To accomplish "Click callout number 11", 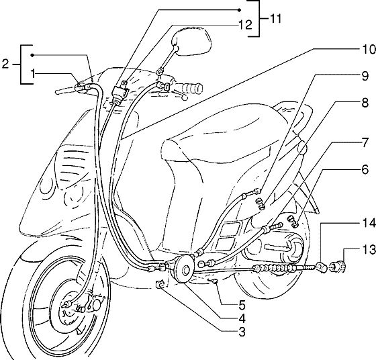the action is pos(274,18).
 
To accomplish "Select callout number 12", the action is pos(245,25).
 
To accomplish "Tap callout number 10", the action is pos(369,50).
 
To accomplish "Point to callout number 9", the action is pos(365,77).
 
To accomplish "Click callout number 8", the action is pos(365,103).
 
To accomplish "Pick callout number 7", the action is pos(365,143).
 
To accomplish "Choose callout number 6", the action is pos(365,170).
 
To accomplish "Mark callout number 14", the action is pos(369,223).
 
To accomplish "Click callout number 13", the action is pos(369,250).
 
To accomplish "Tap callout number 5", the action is pos(242,306).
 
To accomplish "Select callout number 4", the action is pos(242,319).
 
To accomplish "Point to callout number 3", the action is pos(242,332).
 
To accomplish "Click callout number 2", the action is pos(5,64).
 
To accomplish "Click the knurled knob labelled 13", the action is pos(338,267).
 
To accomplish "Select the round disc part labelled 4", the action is pos(183,269).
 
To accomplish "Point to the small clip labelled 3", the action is pos(160,284).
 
